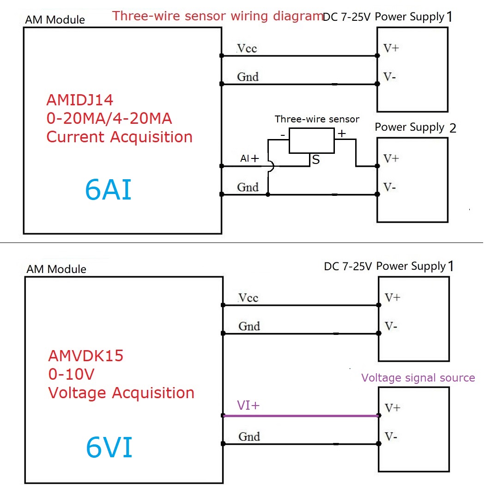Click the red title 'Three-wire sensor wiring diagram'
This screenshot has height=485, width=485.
pos(218,16)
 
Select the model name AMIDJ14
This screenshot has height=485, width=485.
pos(80,100)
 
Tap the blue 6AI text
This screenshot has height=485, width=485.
pos(108,189)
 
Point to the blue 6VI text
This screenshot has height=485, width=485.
pos(109,447)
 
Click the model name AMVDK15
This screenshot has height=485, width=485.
pos(85,356)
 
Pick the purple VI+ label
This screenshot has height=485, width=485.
pos(248,405)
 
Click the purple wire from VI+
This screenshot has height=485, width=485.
pos(301,416)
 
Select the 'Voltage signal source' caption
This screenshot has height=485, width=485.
pos(418,378)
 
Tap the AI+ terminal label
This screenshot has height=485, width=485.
pos(249,158)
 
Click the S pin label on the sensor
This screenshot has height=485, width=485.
pos(316,160)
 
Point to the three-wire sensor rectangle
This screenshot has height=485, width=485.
pos(312,141)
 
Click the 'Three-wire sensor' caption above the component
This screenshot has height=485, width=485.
pos(317,119)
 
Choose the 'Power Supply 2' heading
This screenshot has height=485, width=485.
pos(415,127)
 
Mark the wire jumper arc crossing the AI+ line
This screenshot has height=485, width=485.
pos(271,166)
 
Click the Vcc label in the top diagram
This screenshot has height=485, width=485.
pos(247,48)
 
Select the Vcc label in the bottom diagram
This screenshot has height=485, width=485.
pos(248,297)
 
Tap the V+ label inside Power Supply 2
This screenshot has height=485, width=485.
pos(391,158)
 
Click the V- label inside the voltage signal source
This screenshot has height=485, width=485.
pos(391,436)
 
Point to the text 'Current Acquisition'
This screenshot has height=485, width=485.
pos(119,137)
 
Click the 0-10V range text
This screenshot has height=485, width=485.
pos(71,374)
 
